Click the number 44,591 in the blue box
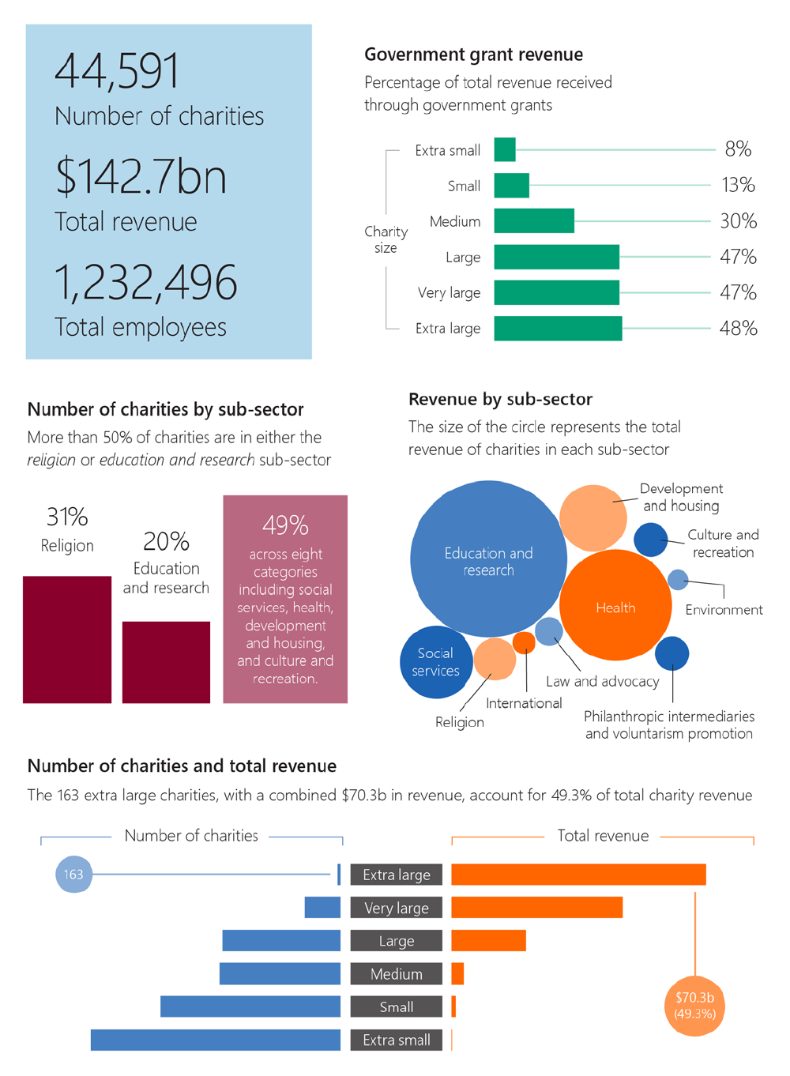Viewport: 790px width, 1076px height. pyautogui.click(x=117, y=71)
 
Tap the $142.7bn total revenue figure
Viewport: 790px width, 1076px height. pyautogui.click(x=141, y=176)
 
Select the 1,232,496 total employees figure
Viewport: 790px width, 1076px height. pyautogui.click(x=145, y=282)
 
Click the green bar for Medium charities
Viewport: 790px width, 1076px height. pyautogui.click(x=534, y=221)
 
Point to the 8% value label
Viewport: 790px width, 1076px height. pyautogui.click(x=738, y=149)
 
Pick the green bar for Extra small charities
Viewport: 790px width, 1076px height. pyautogui.click(x=505, y=149)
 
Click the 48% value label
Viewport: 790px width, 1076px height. pyautogui.click(x=738, y=329)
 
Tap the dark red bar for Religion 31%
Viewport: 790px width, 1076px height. pyautogui.click(x=67, y=639)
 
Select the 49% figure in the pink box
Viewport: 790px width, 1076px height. pyautogui.click(x=285, y=525)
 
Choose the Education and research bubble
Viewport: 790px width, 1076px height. pyautogui.click(x=488, y=559)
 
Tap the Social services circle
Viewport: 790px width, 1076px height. pyautogui.click(x=435, y=662)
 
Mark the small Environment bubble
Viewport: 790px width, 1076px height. pyautogui.click(x=678, y=580)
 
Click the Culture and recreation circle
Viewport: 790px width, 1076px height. pyautogui.click(x=651, y=540)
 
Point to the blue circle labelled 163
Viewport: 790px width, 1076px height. pyautogui.click(x=73, y=875)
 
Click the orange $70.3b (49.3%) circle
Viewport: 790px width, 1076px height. pyautogui.click(x=694, y=1006)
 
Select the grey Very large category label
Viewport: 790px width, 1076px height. pyautogui.click(x=397, y=908)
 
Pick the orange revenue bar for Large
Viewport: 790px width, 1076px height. pyautogui.click(x=488, y=940)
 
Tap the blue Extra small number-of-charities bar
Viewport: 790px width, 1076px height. pyautogui.click(x=215, y=1040)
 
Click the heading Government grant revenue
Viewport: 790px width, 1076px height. pyautogui.click(x=473, y=55)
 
